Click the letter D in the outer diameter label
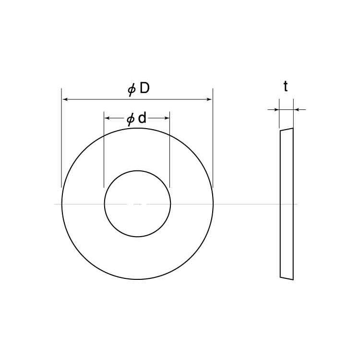point(144,88)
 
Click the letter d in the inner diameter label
point(142,118)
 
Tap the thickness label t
point(286,86)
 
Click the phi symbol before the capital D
point(132,90)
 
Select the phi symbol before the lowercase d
point(131,120)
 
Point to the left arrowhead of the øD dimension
point(65,99)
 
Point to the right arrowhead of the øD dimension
point(209,99)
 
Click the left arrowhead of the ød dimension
point(107,118)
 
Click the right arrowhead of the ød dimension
point(167,118)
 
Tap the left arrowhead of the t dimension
point(276,110)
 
